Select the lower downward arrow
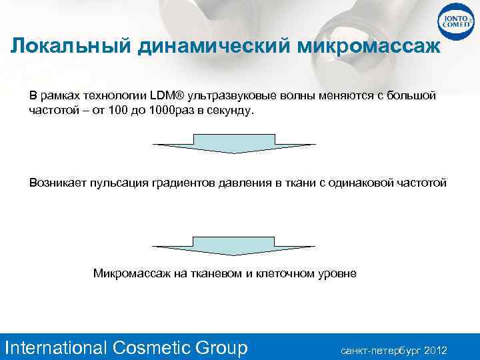234,246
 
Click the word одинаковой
369,182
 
